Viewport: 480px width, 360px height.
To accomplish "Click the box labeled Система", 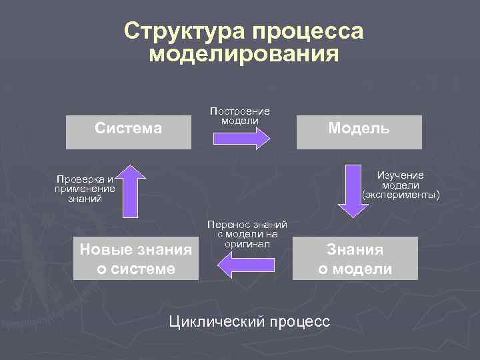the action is [129, 128].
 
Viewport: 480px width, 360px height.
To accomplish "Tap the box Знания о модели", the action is [355, 259].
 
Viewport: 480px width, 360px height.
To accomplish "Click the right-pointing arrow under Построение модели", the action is [241, 137].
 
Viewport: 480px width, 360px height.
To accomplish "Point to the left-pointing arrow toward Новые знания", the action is [243, 267].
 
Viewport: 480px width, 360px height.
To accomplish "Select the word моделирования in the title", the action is [244, 53].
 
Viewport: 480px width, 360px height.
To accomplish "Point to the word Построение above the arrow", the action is [240, 111].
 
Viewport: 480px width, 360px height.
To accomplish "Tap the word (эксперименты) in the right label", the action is [401, 195].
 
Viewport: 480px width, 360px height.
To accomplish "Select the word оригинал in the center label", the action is [247, 244].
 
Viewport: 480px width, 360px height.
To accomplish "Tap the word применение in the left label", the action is [85, 188].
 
